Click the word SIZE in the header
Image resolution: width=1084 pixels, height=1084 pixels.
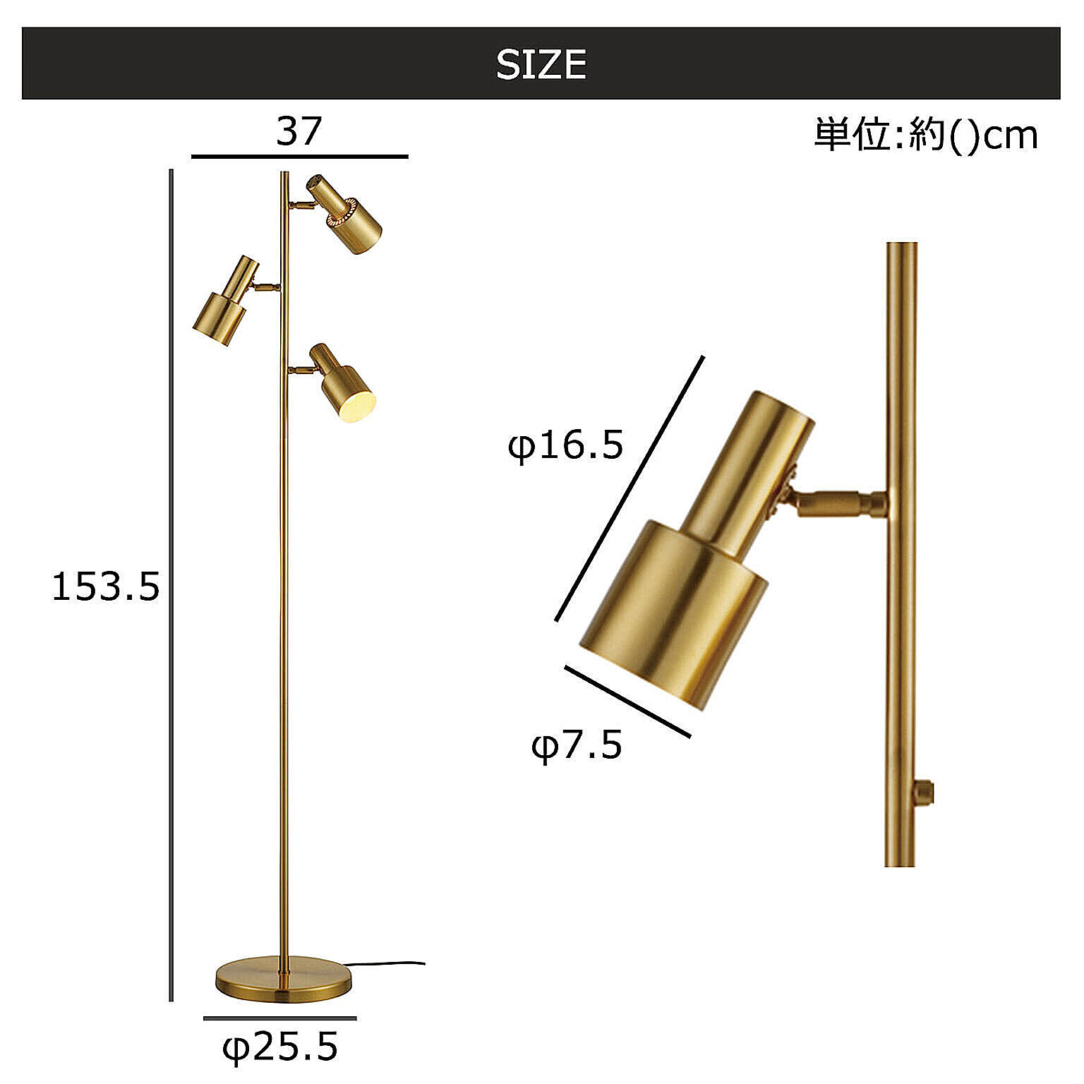pyautogui.click(x=541, y=65)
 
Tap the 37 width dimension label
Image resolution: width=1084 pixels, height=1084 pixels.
pyautogui.click(x=299, y=131)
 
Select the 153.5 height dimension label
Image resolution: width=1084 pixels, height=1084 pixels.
pyautogui.click(x=106, y=586)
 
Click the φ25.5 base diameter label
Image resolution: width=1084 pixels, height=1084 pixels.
pyautogui.click(x=280, y=1047)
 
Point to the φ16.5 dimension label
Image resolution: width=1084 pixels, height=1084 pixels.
pyautogui.click(x=566, y=445)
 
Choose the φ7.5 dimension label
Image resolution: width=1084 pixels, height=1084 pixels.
pyautogui.click(x=577, y=745)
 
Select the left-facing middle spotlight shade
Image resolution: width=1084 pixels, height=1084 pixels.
pyautogui.click(x=225, y=301)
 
